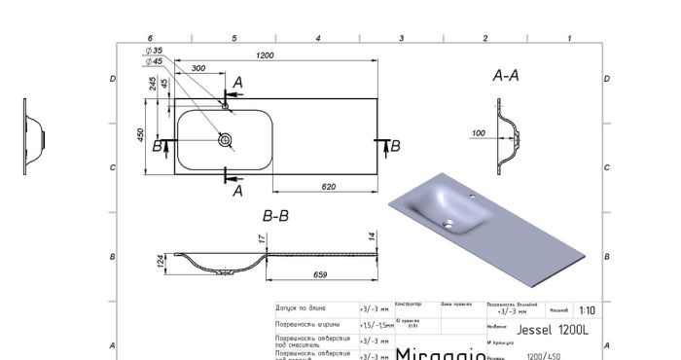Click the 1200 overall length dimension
tap(264, 55)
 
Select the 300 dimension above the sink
tap(198, 69)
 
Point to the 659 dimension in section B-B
tap(321, 274)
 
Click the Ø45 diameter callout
tap(154, 60)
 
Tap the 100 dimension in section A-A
tap(478, 133)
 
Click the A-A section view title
tap(506, 74)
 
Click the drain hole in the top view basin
tap(226, 141)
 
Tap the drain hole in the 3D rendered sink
tap(450, 225)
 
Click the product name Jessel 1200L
tap(552, 329)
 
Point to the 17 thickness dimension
tap(262, 237)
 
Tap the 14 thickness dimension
tap(372, 236)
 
